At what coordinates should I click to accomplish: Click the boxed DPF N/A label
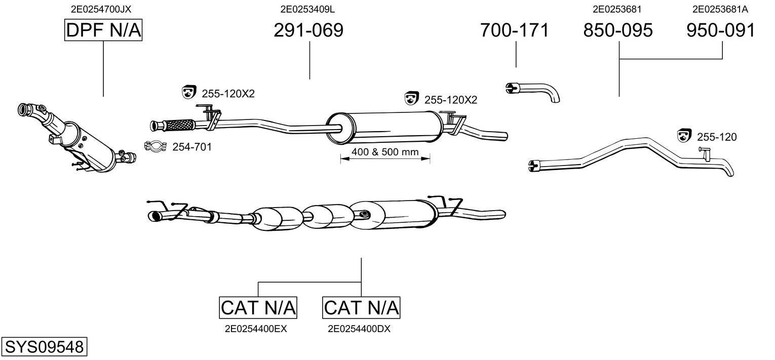[103, 30]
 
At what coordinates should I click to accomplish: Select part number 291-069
[308, 30]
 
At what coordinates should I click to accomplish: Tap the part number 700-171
[514, 30]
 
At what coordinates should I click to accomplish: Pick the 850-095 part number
[618, 30]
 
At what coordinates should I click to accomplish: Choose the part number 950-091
[721, 30]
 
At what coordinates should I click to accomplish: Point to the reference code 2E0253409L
[307, 9]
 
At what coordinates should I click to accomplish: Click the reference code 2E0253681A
[720, 9]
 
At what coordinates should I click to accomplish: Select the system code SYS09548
[44, 347]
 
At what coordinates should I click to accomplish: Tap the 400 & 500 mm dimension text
[384, 151]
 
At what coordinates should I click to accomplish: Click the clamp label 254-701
[192, 147]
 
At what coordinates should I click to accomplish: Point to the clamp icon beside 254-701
[157, 147]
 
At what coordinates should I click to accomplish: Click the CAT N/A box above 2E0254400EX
[258, 307]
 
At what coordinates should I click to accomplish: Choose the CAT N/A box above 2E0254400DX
[361, 307]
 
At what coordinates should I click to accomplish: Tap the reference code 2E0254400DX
[359, 329]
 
